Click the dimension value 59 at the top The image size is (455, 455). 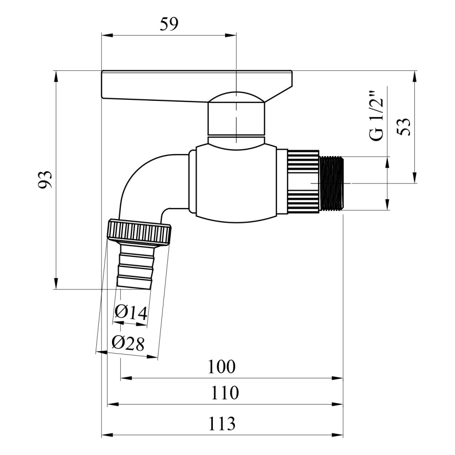(169, 24)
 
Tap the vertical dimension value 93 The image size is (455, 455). (45, 180)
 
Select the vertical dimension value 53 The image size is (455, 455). (404, 127)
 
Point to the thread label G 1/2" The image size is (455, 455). (376, 116)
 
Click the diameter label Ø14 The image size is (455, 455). (131, 312)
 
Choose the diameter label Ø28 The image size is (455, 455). (128, 343)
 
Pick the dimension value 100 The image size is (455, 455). (222, 366)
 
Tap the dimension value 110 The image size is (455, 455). (225, 393)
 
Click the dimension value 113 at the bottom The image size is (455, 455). (222, 424)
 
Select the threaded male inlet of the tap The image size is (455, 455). (331, 183)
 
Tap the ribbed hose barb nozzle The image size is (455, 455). (135, 267)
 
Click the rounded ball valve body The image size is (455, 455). (236, 183)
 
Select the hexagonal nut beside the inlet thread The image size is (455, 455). (303, 183)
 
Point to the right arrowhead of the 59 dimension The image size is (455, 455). (231, 35)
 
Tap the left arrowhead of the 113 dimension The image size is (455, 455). (107, 434)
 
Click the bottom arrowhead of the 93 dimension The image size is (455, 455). (56, 283)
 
